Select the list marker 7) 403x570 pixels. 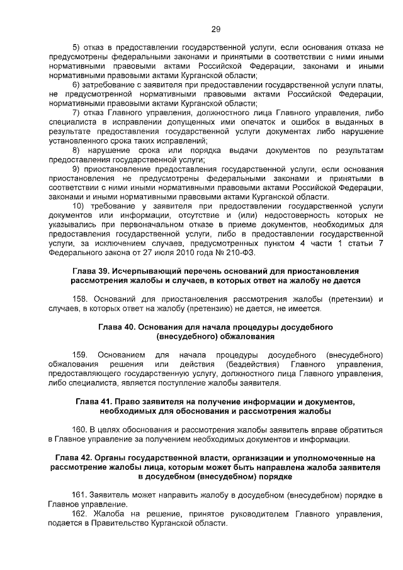point(77,112)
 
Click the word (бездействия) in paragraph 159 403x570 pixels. point(257,365)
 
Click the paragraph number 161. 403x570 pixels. point(82,495)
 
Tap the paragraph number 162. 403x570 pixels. point(82,514)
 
